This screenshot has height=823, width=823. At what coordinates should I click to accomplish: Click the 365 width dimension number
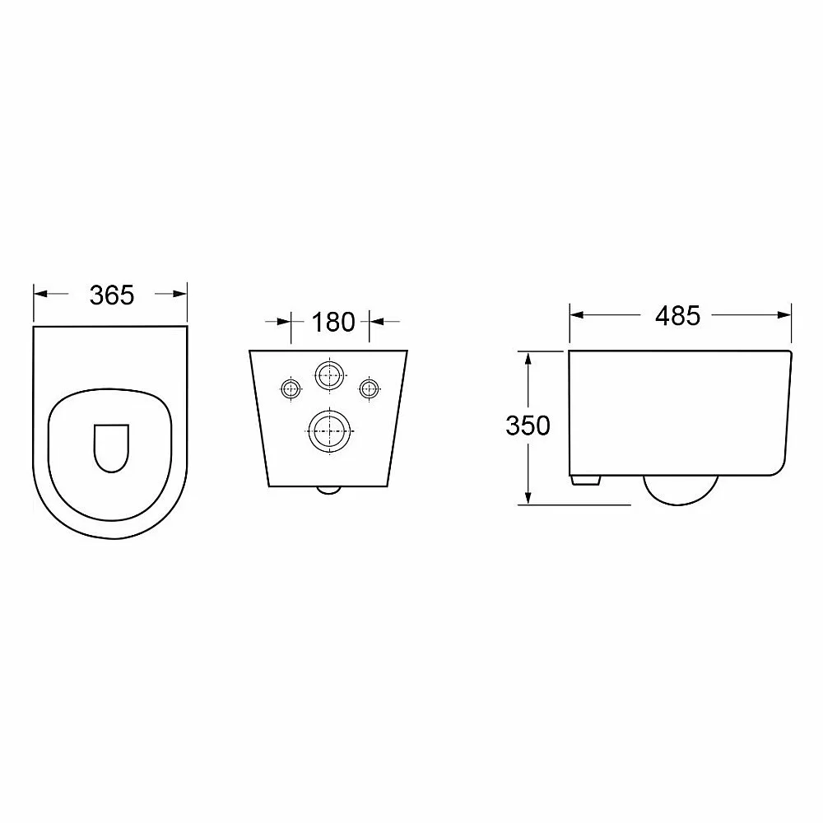112,295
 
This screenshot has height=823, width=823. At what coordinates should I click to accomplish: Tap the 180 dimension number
333,323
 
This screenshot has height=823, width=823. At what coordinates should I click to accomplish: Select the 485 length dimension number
677,316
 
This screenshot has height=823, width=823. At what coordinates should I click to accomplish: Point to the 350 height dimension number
528,425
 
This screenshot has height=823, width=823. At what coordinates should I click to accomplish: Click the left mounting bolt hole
291,389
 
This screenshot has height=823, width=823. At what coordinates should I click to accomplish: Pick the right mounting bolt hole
369,389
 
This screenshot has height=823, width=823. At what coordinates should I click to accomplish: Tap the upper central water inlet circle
330,375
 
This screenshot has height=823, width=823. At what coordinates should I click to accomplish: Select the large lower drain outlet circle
329,431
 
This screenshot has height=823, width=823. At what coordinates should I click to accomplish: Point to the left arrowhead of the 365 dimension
40,294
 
